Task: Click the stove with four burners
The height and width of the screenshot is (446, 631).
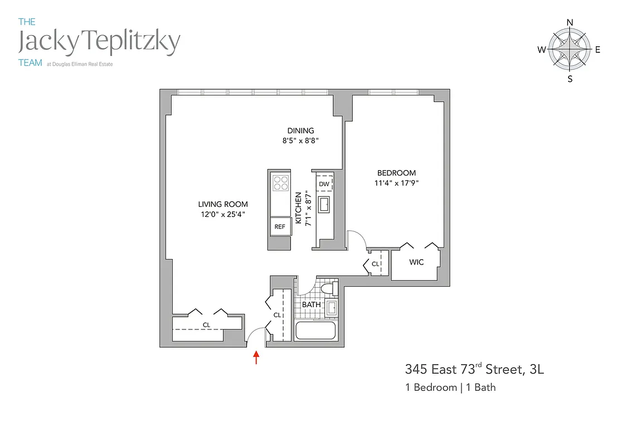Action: [280, 183]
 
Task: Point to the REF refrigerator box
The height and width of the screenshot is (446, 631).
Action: [280, 227]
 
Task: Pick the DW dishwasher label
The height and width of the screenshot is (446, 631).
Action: [324, 183]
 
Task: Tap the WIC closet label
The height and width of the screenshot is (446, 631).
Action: [416, 262]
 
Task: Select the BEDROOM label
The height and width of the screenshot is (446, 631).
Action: [396, 173]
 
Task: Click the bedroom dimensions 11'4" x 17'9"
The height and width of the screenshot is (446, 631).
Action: [396, 182]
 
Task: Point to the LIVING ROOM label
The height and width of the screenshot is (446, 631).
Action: [223, 204]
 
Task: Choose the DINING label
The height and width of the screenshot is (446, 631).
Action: [301, 131]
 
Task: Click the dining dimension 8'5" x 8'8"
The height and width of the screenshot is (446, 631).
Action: [301, 141]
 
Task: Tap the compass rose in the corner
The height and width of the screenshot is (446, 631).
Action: [570, 50]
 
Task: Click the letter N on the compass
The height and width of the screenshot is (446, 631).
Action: [570, 22]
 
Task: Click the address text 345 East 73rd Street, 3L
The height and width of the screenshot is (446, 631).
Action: [473, 369]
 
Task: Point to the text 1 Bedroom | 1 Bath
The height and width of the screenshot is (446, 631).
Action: [450, 387]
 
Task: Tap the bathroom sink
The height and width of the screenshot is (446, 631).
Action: [331, 307]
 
